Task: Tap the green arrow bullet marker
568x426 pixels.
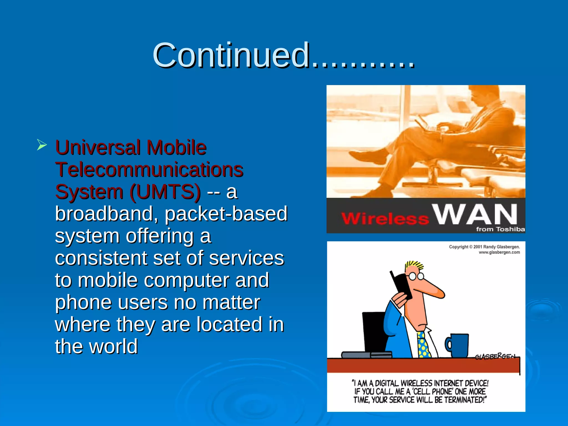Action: click(x=42, y=145)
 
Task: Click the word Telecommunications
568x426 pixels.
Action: click(x=149, y=169)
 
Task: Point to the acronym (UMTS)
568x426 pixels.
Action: click(x=165, y=192)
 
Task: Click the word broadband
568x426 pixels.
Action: click(x=107, y=214)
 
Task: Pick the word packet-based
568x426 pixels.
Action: click(x=226, y=214)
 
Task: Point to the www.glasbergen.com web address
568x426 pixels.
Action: click(x=499, y=252)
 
